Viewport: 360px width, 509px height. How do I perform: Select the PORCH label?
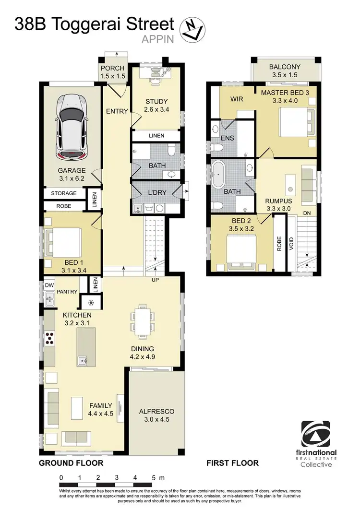(x=112, y=68)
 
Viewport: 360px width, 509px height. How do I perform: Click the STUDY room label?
(x=156, y=101)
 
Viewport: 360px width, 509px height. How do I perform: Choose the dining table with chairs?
(x=143, y=320)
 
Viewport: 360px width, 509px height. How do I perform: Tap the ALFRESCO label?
(x=156, y=412)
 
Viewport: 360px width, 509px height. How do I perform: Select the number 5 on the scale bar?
(x=153, y=478)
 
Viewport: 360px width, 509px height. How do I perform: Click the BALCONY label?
(x=285, y=67)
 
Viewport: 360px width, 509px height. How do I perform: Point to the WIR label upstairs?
(x=237, y=99)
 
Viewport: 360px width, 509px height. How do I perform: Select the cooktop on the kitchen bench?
(x=49, y=338)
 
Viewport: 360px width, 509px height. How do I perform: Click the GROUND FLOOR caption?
(x=71, y=463)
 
